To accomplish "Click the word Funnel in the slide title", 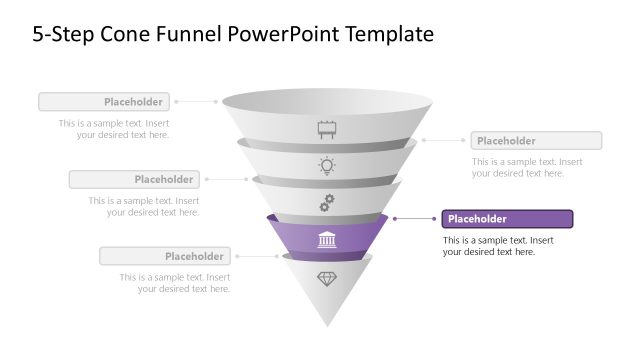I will click(x=191, y=34).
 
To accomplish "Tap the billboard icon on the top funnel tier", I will click(x=327, y=129).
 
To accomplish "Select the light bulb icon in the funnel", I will click(x=327, y=166).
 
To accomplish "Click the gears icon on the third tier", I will click(x=327, y=203).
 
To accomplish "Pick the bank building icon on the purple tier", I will click(x=327, y=240).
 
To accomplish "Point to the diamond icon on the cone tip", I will click(x=327, y=278).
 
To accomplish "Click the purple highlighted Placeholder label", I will click(x=507, y=219).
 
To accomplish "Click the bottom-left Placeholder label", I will click(x=164, y=257).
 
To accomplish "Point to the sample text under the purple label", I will click(x=499, y=246).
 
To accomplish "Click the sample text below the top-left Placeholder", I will click(x=113, y=129).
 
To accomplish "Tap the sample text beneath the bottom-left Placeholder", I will click(x=174, y=283).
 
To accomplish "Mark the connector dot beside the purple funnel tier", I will click(x=395, y=219).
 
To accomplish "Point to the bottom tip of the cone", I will click(x=327, y=325).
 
